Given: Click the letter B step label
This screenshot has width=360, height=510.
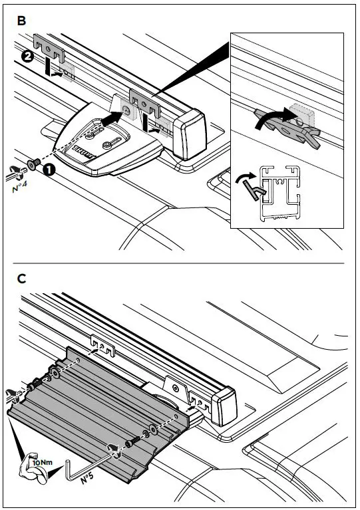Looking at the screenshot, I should pyautogui.click(x=21, y=21).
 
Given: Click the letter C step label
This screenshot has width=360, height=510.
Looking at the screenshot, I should pyautogui.click(x=21, y=279).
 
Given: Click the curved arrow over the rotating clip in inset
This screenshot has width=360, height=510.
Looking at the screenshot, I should pyautogui.click(x=273, y=117).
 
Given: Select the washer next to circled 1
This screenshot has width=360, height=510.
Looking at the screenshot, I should pyautogui.click(x=33, y=164).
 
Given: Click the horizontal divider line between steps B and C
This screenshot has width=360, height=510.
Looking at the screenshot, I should pyautogui.click(x=180, y=263).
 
